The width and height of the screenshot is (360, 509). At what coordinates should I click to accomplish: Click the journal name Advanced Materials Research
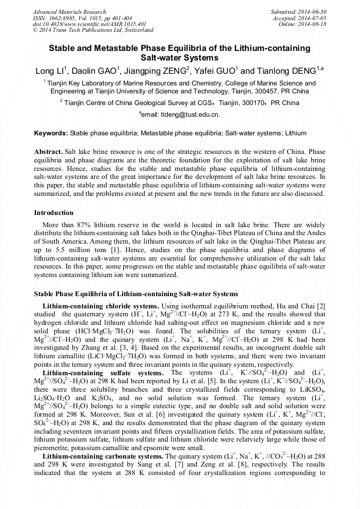[70, 12]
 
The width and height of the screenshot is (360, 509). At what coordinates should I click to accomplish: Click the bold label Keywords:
[51, 133]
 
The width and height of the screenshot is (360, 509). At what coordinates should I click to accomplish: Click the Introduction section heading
[54, 213]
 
